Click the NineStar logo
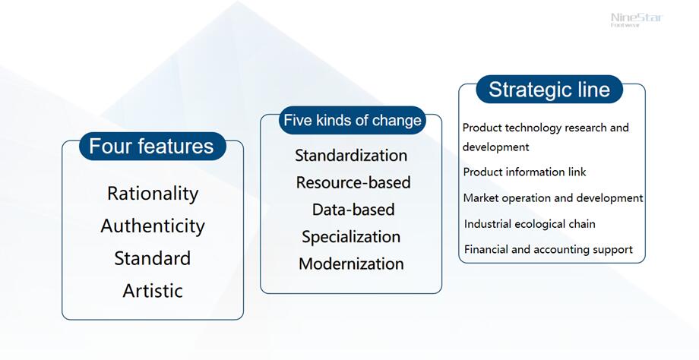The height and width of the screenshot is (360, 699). pyautogui.click(x=637, y=20)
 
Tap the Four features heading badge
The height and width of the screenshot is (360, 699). pyautogui.click(x=153, y=146)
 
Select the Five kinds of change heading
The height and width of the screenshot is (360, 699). pyautogui.click(x=353, y=120)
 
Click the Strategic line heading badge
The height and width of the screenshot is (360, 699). pyautogui.click(x=549, y=90)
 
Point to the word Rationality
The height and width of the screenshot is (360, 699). pyautogui.click(x=153, y=194)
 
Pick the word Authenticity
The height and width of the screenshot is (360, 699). pyautogui.click(x=153, y=226)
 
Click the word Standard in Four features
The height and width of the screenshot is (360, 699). pyautogui.click(x=153, y=258)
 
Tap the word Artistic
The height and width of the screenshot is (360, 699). pyautogui.click(x=153, y=291)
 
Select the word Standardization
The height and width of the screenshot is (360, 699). pyautogui.click(x=351, y=156)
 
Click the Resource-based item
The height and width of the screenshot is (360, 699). pyautogui.click(x=353, y=183)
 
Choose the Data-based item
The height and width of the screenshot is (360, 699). pyautogui.click(x=353, y=210)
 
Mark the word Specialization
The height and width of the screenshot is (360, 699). pyautogui.click(x=351, y=237)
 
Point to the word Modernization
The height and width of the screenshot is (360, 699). pyautogui.click(x=351, y=264)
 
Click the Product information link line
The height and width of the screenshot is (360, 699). pyautogui.click(x=524, y=172)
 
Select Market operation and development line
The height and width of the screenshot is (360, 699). pyautogui.click(x=553, y=197)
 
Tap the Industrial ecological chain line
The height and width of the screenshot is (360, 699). pyautogui.click(x=530, y=223)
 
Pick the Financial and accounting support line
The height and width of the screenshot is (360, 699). pyautogui.click(x=549, y=250)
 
